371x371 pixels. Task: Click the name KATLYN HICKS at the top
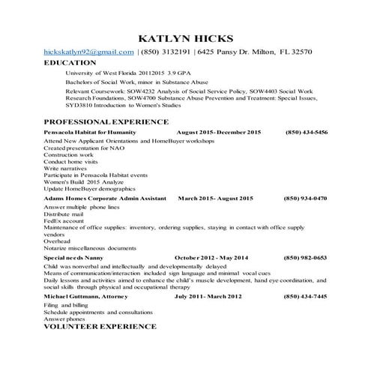[186, 37]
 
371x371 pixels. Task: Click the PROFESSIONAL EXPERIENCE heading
[106, 121]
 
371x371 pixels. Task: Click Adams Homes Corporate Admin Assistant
[105, 198]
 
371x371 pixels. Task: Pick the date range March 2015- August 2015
[215, 198]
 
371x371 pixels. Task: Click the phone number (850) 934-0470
[305, 198]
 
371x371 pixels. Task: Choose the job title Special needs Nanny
[74, 257]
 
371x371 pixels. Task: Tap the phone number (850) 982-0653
[305, 257]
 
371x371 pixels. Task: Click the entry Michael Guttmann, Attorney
[86, 297]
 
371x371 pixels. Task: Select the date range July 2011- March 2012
[208, 297]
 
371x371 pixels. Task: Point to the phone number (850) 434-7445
[305, 297]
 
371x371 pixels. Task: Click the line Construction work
[69, 154]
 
